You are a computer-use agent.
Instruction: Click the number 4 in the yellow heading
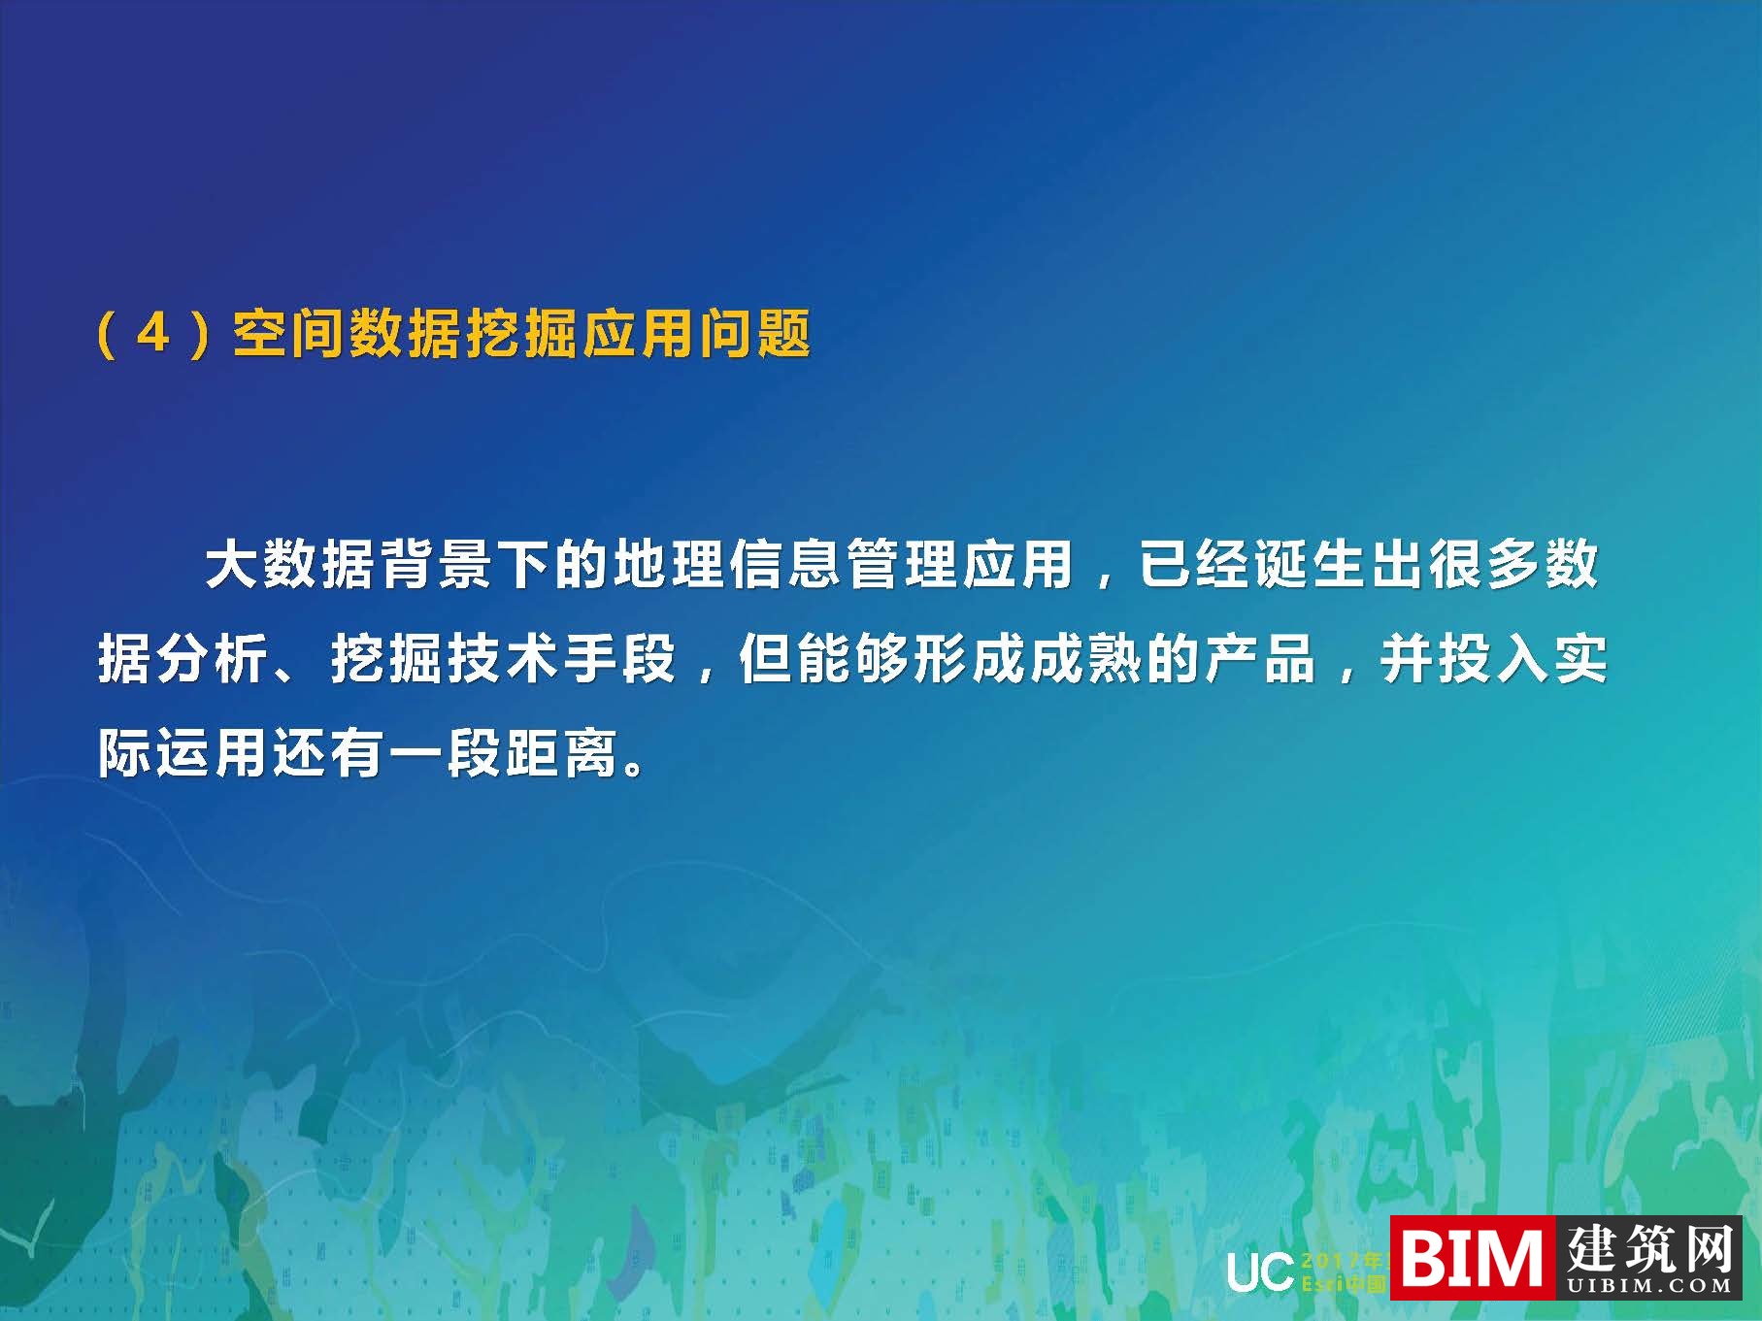click(x=153, y=334)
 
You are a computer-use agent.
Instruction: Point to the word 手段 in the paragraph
click(x=620, y=659)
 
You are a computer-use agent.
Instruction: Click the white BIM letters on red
click(x=1473, y=1258)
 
